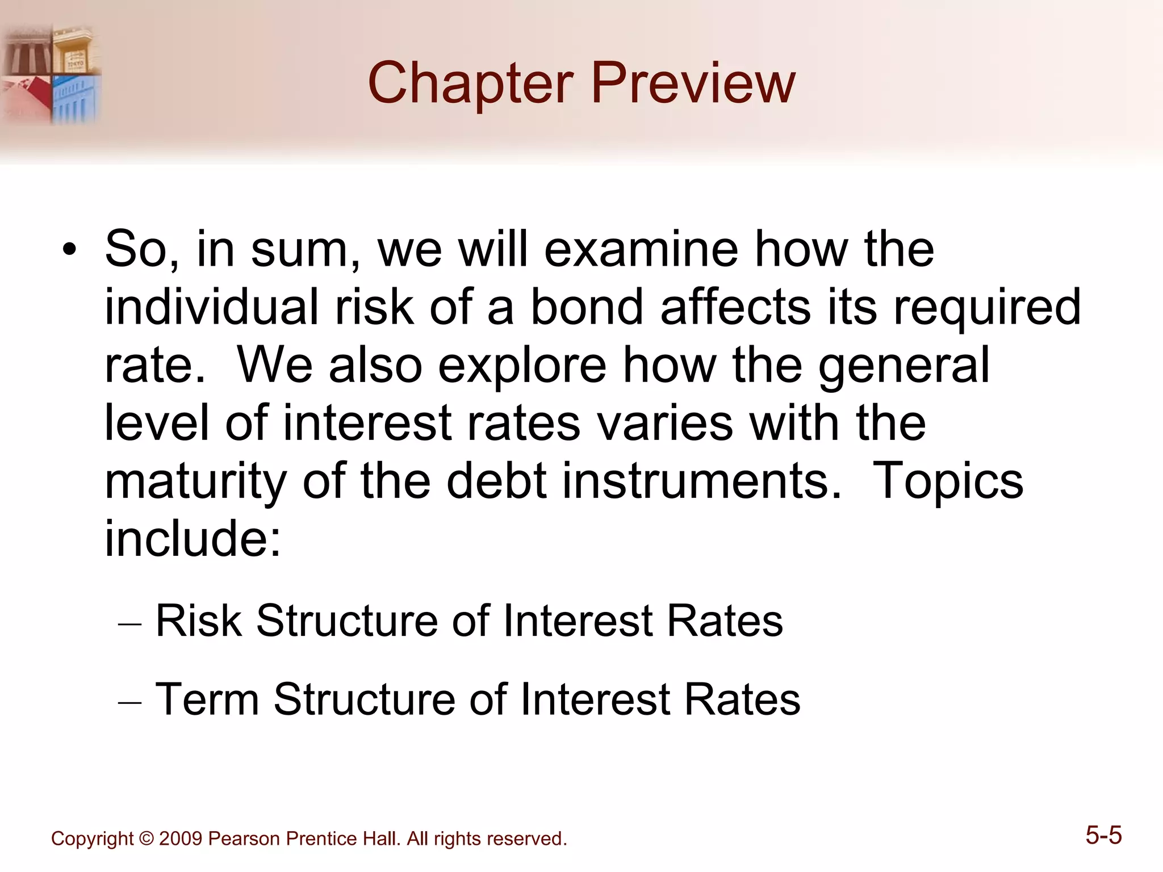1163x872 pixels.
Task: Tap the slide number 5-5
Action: click(1103, 836)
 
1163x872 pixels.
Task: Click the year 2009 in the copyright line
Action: click(180, 839)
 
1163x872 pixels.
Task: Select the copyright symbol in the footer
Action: click(146, 839)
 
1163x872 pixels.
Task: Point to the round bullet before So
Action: click(69, 250)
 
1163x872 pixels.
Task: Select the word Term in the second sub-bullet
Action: click(207, 699)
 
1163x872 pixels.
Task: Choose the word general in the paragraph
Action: click(903, 366)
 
